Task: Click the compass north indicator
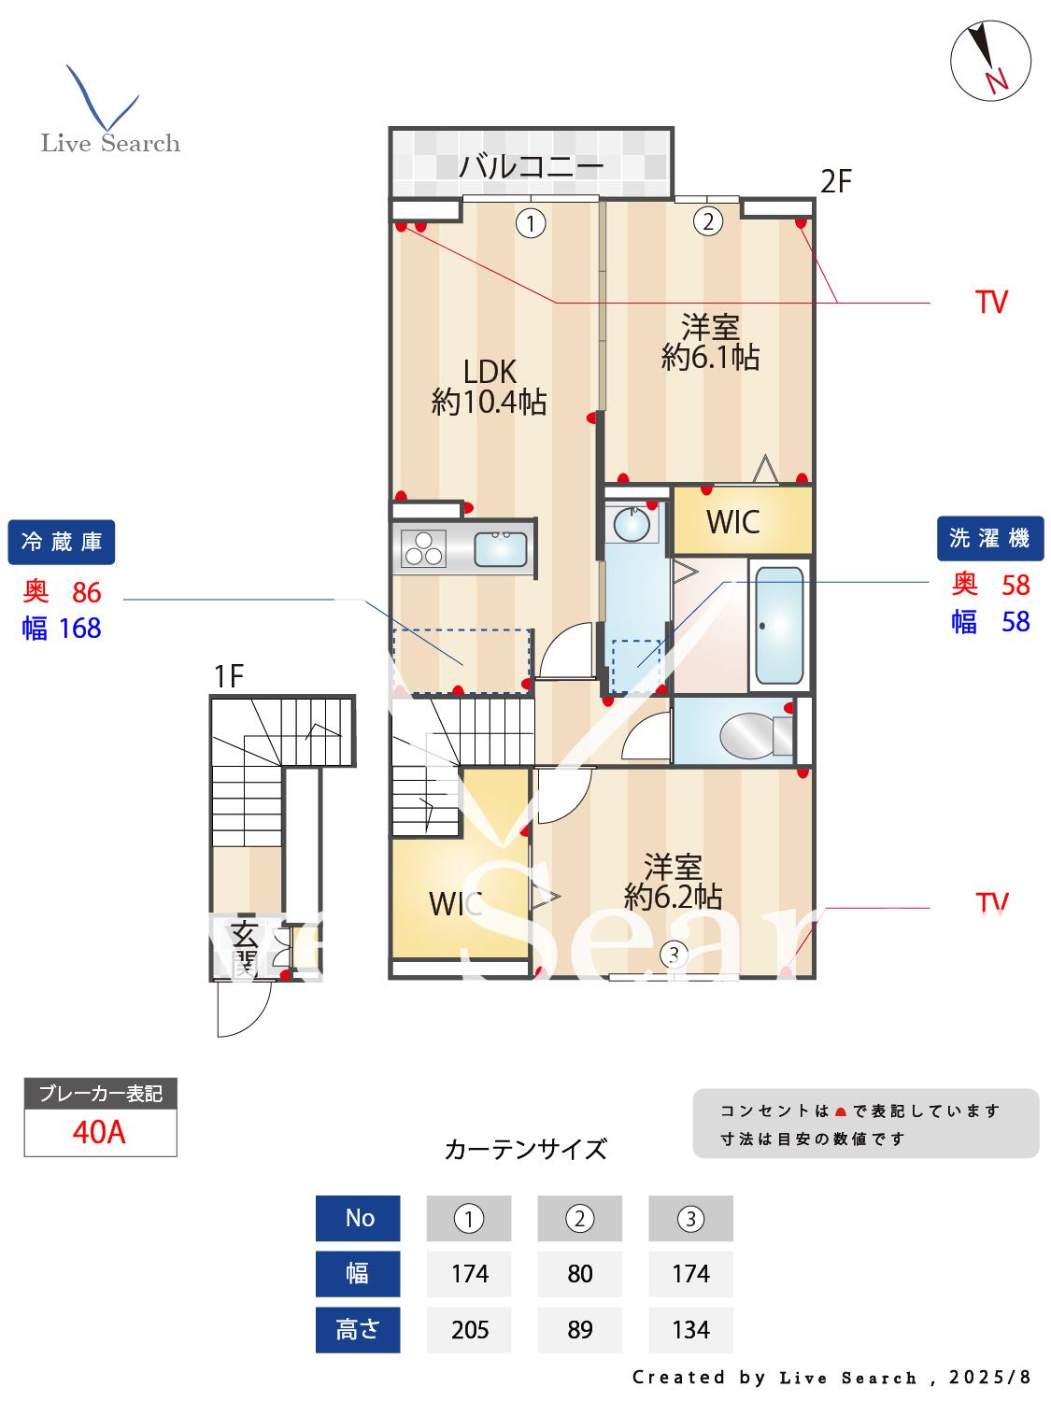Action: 990,62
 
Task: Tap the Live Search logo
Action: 109,111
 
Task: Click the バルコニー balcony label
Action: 531,166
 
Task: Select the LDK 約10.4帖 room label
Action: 490,387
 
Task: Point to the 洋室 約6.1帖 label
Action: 710,342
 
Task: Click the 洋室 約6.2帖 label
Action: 673,882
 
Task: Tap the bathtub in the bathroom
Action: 779,624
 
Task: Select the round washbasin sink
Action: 632,524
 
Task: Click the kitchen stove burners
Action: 423,548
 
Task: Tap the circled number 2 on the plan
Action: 708,221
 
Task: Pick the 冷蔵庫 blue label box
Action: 62,542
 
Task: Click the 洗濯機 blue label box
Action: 989,538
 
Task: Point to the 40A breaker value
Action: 99,1132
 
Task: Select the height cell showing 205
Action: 469,1329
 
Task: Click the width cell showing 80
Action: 579,1274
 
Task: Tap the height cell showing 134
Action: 690,1329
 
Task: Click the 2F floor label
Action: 835,181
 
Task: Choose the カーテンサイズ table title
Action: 525,1149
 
